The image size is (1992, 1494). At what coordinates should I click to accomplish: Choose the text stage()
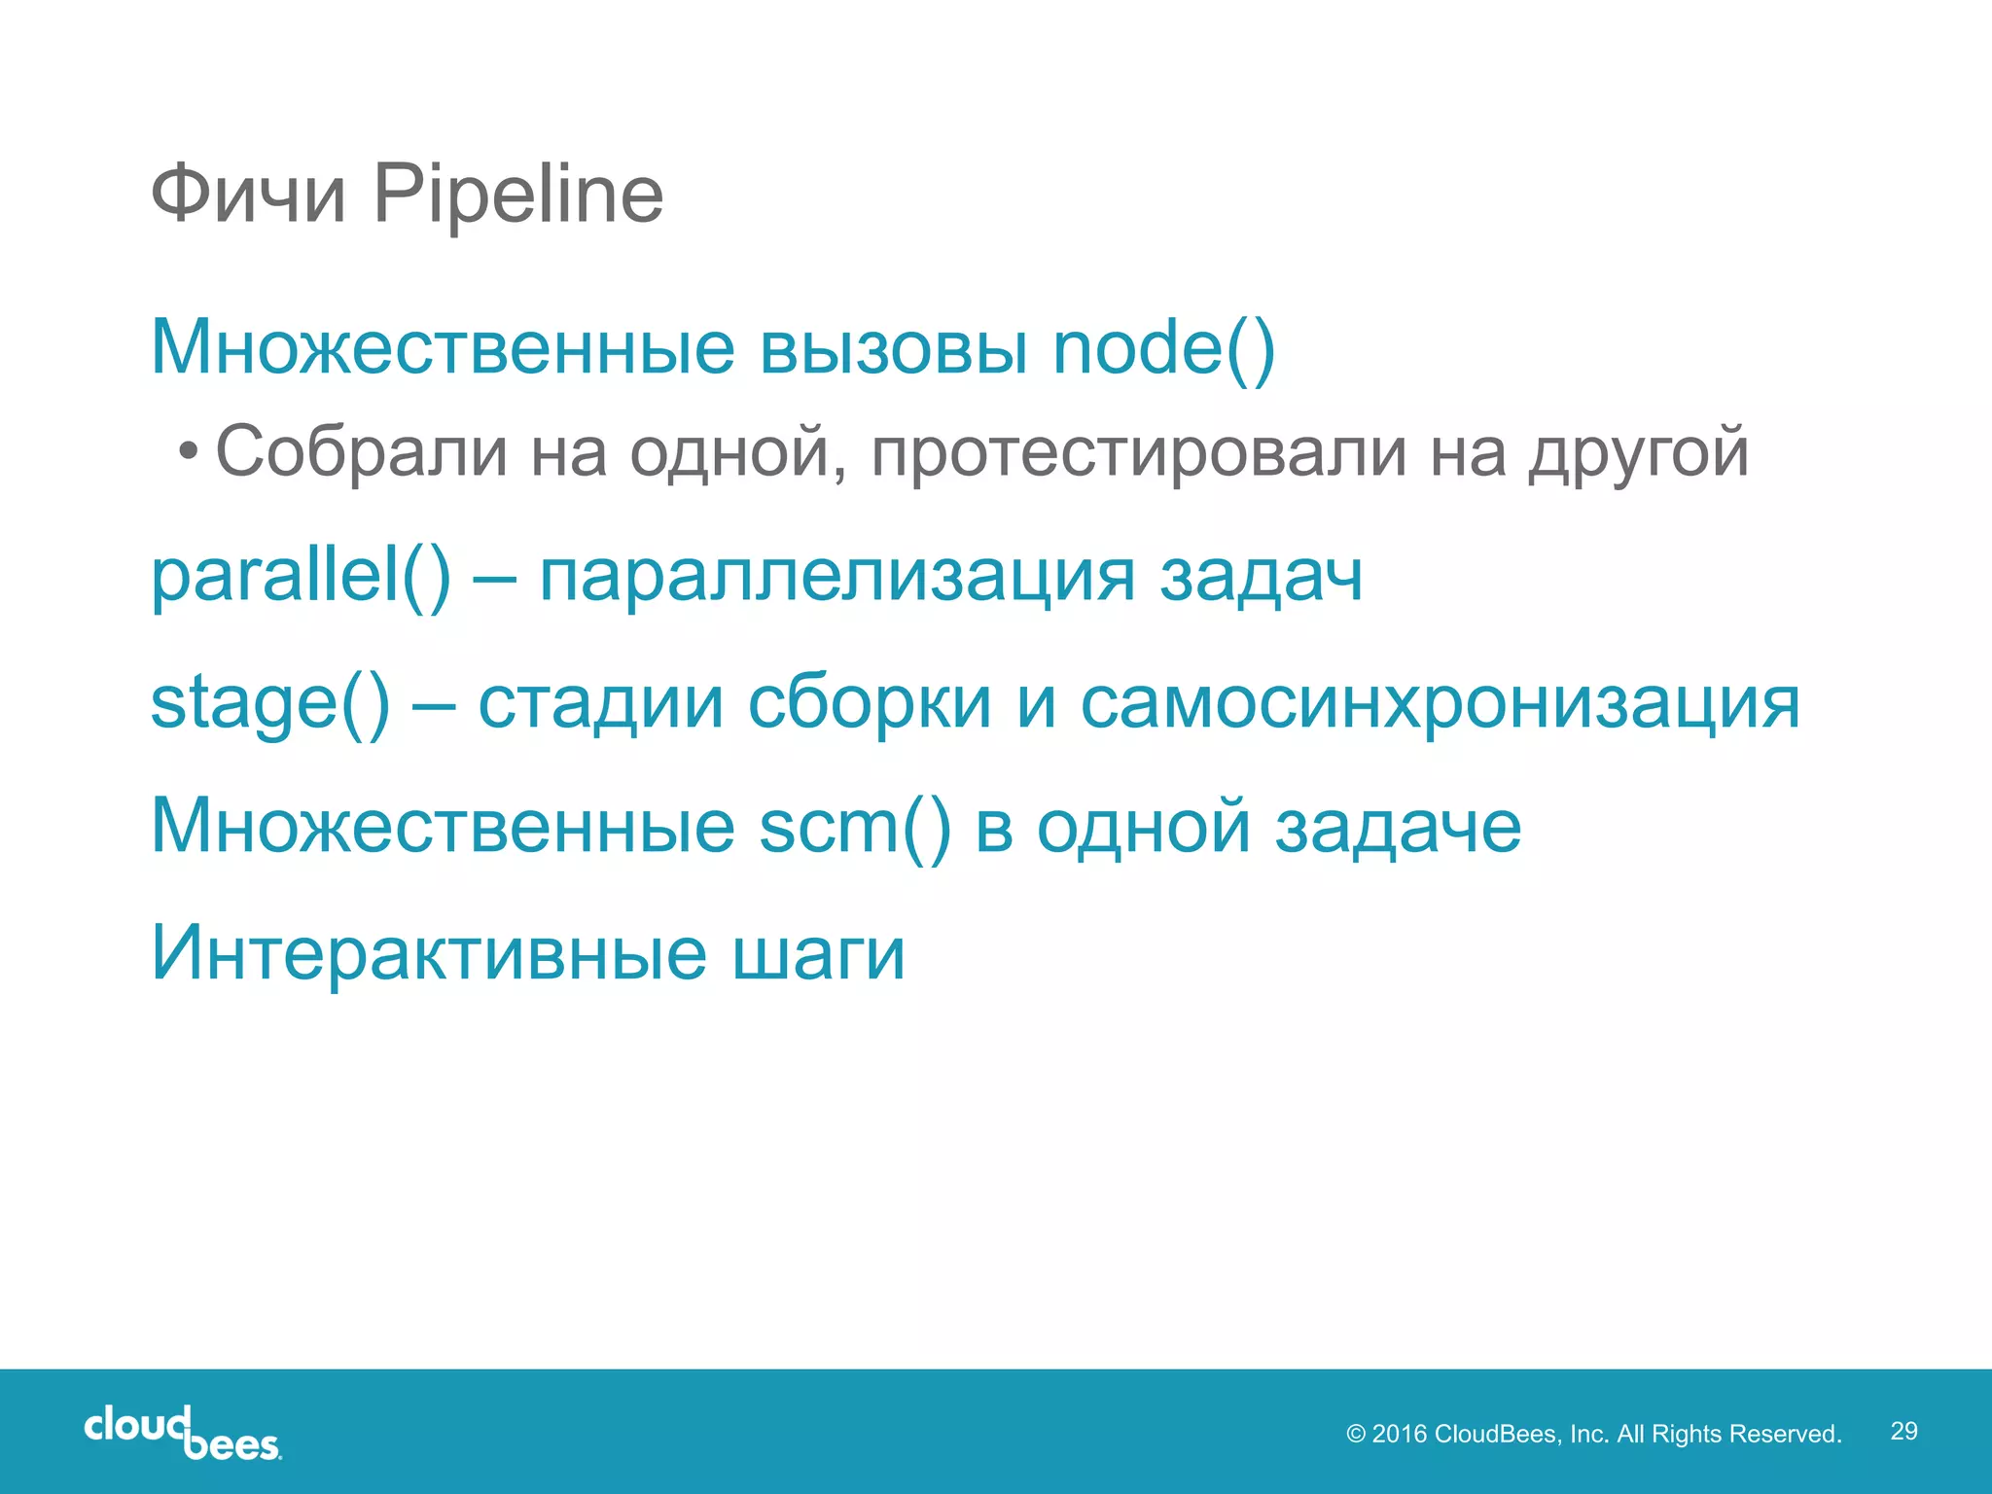click(x=269, y=702)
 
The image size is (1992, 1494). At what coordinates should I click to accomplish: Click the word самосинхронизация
click(x=1440, y=702)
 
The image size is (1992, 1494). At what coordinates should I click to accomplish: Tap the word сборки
click(x=869, y=702)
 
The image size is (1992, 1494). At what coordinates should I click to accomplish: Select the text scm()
click(x=854, y=827)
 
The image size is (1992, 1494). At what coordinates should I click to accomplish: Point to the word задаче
click(x=1398, y=827)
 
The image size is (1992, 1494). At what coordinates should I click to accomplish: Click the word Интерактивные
click(x=429, y=952)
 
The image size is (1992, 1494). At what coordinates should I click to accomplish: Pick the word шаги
click(x=818, y=954)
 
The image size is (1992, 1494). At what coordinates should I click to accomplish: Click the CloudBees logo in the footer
click(x=183, y=1433)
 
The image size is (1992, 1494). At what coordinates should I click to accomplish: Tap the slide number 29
click(x=1903, y=1431)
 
